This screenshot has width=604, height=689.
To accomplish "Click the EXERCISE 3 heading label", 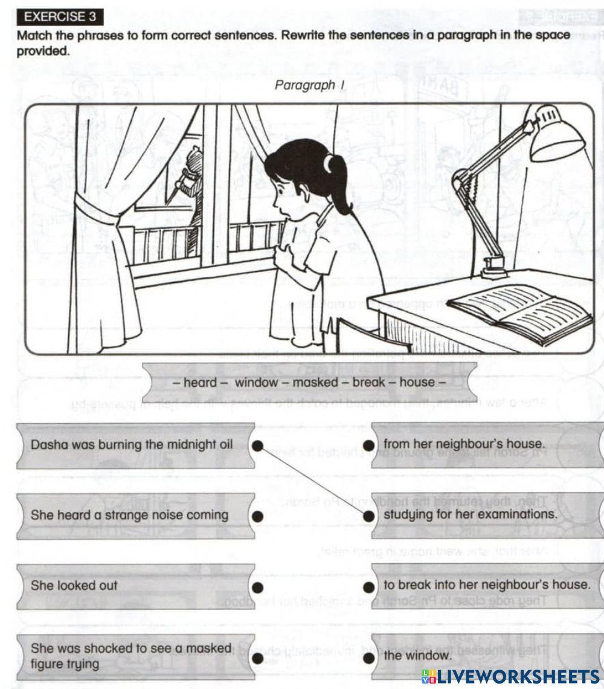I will click(60, 16).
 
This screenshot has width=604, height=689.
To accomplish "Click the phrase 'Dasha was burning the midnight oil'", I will click(132, 445).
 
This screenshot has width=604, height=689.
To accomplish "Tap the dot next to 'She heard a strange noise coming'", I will click(257, 516).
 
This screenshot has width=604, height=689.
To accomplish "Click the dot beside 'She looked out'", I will click(257, 586).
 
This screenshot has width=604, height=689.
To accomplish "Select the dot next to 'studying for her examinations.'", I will click(368, 516).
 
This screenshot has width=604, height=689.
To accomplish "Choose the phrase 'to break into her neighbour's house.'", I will click(486, 585).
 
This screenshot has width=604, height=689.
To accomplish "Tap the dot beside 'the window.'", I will click(368, 657).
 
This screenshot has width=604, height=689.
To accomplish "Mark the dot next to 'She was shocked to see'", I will click(257, 657).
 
